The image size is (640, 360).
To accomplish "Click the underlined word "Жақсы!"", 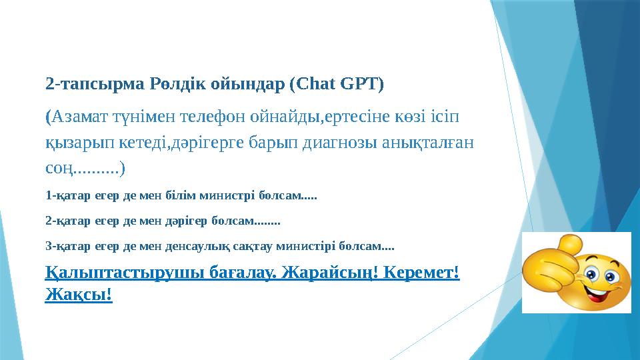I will tap(79, 293).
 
